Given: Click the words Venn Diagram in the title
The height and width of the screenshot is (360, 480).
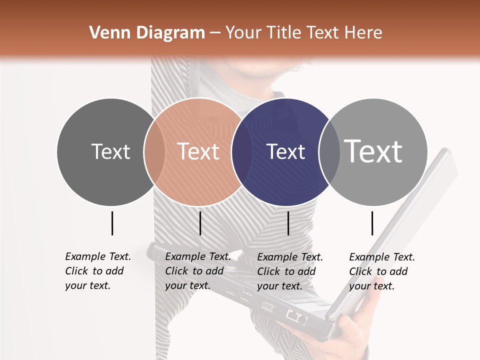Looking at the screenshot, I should (x=147, y=33).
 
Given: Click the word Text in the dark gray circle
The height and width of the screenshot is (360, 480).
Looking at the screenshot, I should (x=111, y=151).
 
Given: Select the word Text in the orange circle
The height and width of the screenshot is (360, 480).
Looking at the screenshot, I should (x=198, y=151).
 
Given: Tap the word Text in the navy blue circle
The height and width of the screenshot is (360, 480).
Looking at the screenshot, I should (x=285, y=151).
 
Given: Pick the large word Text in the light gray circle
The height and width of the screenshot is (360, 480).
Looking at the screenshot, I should (x=373, y=151).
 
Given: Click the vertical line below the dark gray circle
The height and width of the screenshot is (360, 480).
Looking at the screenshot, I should (x=112, y=223).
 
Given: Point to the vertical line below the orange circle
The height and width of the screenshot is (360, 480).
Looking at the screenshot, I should (x=200, y=223).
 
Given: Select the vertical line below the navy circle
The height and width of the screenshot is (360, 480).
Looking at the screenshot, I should (x=288, y=223).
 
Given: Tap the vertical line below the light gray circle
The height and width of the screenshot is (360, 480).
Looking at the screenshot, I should (x=372, y=223).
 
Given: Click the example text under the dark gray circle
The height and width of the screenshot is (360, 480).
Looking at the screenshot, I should (x=97, y=271).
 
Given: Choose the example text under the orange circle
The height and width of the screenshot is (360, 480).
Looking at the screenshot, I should (x=197, y=271).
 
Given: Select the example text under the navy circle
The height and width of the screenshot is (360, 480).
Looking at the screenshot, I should (x=289, y=271).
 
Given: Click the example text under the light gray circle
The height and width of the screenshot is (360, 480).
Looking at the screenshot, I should (x=381, y=271).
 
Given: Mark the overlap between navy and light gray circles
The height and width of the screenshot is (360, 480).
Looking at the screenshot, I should (x=329, y=151).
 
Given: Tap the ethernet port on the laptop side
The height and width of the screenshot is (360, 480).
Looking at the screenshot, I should (x=295, y=316).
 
